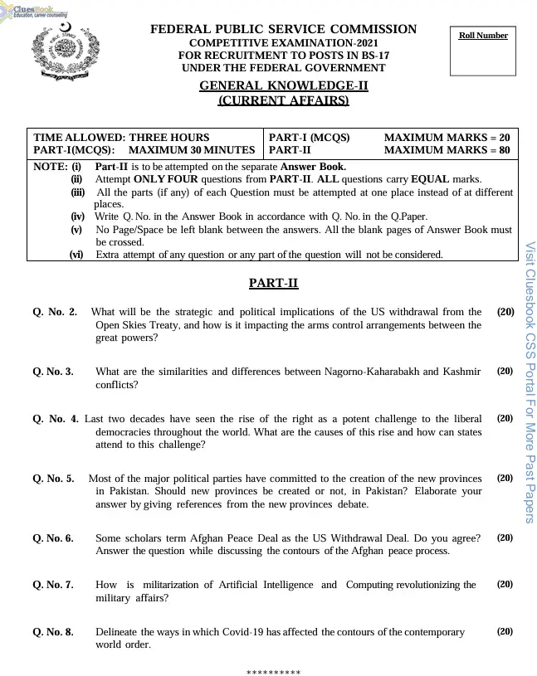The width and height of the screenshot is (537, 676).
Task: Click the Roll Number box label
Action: tap(483, 36)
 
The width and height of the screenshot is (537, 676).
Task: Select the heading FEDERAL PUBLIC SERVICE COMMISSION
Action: tap(283, 30)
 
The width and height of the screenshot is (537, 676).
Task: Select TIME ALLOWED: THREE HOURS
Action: tap(121, 137)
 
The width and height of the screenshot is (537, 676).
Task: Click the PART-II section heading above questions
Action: tap(273, 284)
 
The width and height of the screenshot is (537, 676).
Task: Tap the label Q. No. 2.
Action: tap(55, 312)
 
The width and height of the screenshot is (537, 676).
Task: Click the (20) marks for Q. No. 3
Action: tap(505, 372)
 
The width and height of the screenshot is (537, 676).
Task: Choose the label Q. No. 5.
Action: tap(53, 478)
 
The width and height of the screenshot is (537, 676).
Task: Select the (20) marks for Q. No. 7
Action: tap(505, 584)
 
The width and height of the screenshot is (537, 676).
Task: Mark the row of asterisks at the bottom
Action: tap(273, 670)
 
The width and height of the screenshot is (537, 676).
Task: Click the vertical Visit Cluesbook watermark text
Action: tap(530, 382)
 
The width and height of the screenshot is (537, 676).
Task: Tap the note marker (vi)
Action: tap(77, 255)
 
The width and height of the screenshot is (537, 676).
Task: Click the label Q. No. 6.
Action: tap(53, 537)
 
